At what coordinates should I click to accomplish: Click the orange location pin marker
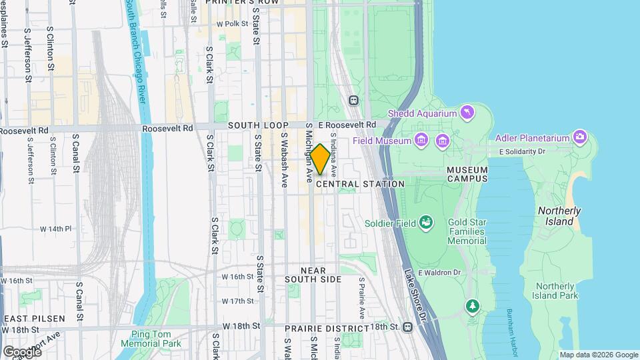(320, 159)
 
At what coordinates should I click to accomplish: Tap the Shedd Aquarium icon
(467, 113)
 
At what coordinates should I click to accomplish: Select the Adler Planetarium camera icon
(580, 137)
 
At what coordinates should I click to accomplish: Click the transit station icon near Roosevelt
(353, 101)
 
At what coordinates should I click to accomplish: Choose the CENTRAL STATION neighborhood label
(361, 184)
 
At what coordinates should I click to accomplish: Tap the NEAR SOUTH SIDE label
(313, 275)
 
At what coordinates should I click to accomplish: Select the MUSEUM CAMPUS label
(467, 174)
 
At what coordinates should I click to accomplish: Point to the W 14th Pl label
(55, 229)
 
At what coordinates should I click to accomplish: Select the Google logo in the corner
(22, 351)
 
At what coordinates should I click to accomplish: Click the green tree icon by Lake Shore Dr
(473, 306)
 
